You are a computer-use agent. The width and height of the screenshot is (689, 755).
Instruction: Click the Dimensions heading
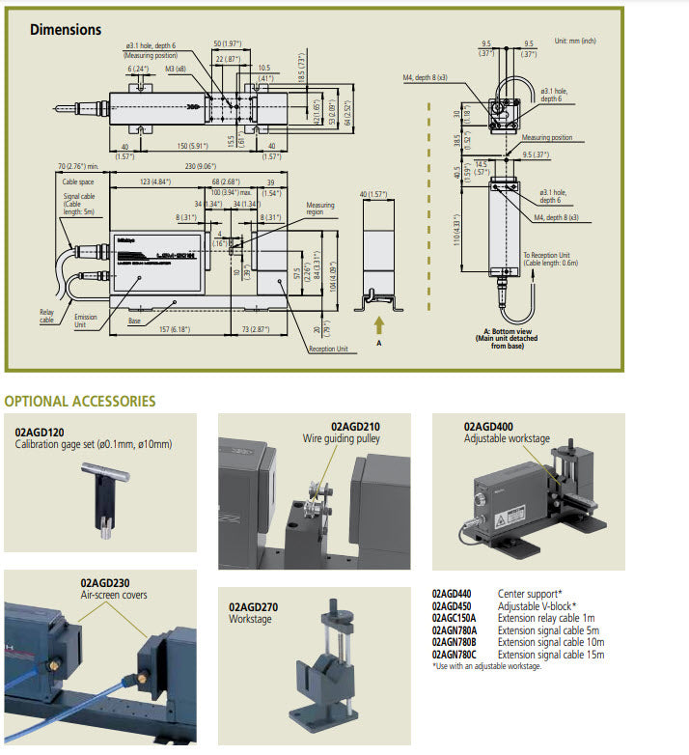coord(65,29)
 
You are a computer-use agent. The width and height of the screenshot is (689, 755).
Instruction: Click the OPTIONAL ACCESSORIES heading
coord(80,401)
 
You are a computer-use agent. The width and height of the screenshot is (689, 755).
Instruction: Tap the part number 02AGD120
coord(41,432)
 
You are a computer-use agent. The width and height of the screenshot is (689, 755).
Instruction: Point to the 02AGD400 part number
coord(488,425)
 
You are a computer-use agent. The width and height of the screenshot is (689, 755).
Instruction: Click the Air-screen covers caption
coord(113,596)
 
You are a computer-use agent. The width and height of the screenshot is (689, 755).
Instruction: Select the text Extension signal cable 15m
coord(551,655)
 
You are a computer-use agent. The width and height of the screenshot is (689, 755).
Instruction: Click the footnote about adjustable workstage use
coord(487,666)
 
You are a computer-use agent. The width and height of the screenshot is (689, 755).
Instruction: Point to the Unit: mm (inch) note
coord(575,41)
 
